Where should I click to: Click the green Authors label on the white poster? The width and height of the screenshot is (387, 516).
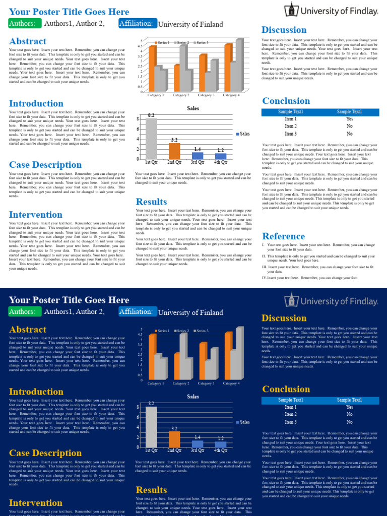[24, 23]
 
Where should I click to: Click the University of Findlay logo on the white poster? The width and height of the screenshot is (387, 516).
[331, 11]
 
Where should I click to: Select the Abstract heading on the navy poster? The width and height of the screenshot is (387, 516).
[28, 329]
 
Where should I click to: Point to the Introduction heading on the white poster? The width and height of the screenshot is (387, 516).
[36, 103]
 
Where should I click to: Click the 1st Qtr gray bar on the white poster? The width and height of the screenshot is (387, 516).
[151, 139]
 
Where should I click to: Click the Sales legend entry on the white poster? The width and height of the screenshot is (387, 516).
[242, 134]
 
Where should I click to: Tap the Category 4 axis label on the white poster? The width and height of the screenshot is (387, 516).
[231, 95]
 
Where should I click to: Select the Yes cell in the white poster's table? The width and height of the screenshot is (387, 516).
[349, 119]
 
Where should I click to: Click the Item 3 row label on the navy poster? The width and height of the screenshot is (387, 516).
[291, 422]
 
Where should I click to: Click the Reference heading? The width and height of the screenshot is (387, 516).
[284, 236]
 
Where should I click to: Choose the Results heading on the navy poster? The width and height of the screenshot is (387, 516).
[151, 490]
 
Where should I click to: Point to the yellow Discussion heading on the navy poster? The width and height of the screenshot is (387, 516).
[284, 318]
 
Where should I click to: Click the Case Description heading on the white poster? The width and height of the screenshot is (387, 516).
[45, 165]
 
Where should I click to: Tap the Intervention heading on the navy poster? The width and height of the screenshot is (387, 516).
[36, 503]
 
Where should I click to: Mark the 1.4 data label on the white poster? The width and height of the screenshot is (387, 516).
[198, 149]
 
